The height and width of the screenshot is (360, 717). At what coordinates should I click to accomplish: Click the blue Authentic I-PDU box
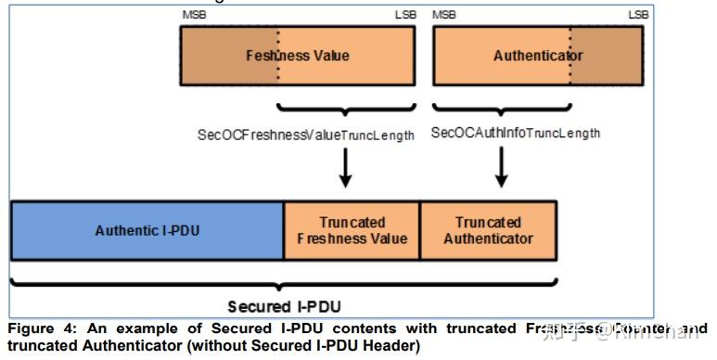[147, 230]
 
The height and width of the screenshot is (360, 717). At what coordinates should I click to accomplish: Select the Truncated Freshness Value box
[352, 230]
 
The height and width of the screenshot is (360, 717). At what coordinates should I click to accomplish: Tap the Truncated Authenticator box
[488, 230]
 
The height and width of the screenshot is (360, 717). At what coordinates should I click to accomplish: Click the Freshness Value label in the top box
[297, 56]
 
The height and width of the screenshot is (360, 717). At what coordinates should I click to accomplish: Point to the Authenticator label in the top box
[538, 56]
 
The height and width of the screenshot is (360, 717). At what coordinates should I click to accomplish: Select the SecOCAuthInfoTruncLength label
[516, 133]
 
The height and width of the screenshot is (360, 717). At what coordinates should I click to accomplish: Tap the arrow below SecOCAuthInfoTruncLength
[502, 167]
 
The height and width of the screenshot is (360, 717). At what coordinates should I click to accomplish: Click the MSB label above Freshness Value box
[192, 15]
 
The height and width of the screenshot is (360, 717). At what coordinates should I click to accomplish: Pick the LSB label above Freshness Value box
[405, 15]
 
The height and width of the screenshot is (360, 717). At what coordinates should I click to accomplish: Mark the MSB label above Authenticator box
[444, 15]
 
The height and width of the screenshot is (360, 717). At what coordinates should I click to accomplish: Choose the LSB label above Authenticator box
[638, 15]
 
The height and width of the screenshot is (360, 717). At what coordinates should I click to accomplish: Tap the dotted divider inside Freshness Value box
[278, 56]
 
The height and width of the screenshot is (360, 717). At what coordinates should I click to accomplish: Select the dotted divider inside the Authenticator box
[570, 56]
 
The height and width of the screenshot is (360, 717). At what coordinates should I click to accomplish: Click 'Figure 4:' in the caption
[38, 329]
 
